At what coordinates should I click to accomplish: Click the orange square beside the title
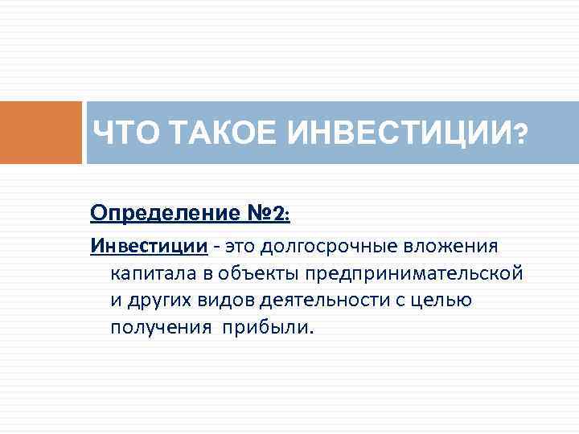pyautogui.click(x=40, y=133)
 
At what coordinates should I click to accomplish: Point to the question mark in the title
pyautogui.click(x=522, y=133)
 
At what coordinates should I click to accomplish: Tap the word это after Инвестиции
pyautogui.click(x=242, y=245)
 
